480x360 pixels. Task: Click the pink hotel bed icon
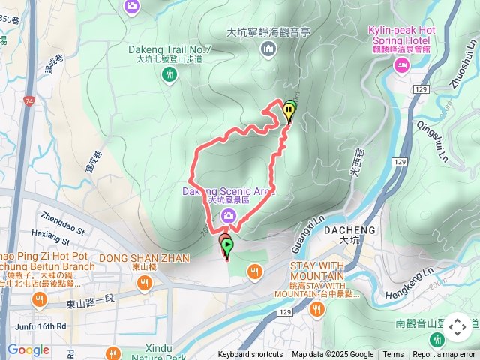[402, 67]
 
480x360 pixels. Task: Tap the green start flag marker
[227, 245]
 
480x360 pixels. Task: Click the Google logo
[28, 349]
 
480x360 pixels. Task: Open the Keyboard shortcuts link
[250, 355]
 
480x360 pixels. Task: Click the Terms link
[393, 355]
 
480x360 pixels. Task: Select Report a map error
[445, 355]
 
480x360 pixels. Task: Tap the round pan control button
[457, 327]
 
